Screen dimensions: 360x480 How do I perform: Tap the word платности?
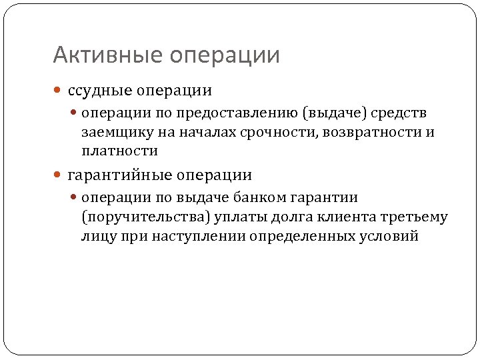click(120, 151)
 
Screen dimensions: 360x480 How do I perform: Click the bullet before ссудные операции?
click(58, 91)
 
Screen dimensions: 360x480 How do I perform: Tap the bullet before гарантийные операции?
click(58, 176)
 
